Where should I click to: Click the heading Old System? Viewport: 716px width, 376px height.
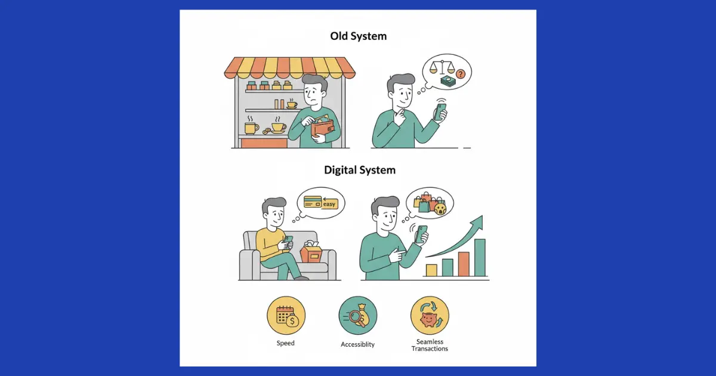point(358,36)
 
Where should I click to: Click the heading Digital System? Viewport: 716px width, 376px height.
point(359,170)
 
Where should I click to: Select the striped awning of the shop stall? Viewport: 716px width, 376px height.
point(290,67)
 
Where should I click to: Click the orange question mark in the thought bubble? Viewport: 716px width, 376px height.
point(459,73)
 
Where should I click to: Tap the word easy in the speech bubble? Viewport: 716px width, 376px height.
point(330,204)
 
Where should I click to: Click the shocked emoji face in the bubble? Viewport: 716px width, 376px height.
point(441,208)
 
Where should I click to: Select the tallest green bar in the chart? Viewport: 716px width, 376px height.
point(480,257)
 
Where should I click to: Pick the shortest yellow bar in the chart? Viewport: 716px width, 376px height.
point(431,270)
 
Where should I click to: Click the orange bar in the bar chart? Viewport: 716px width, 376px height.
point(464,264)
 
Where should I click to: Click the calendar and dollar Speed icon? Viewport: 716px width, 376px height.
point(286,316)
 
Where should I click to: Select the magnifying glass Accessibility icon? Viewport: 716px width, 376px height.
point(357,316)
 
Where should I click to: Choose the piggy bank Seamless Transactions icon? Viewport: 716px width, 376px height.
point(430,316)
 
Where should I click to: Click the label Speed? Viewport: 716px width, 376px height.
point(285,343)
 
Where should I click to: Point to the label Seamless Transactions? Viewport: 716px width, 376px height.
point(430,345)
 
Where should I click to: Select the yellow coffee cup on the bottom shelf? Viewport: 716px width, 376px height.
point(251,128)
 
